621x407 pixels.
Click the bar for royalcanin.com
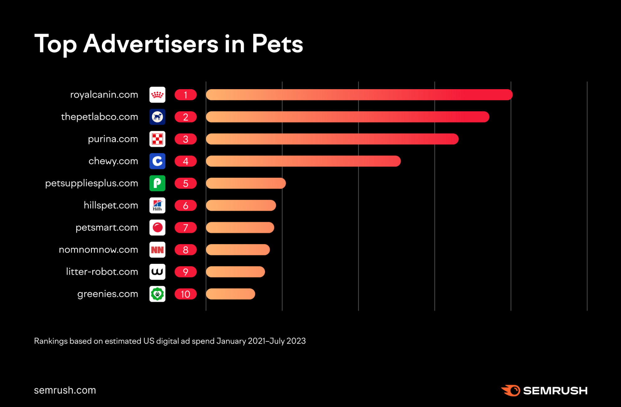[x=359, y=95]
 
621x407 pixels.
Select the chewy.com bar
[x=303, y=161]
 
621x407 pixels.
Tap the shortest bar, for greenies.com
[x=231, y=294]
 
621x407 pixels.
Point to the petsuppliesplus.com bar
[x=246, y=183]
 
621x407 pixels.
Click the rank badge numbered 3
[x=185, y=139]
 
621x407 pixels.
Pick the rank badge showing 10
[x=185, y=294]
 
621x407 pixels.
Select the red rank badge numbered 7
[x=185, y=228]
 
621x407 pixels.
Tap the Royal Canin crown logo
[x=157, y=95]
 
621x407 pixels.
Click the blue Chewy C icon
[x=157, y=161]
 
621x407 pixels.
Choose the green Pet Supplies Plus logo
[x=157, y=183]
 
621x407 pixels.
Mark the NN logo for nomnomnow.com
[x=157, y=250]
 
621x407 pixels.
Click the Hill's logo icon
[x=157, y=205]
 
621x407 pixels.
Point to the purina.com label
[x=113, y=139]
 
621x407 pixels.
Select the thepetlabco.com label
[x=99, y=117]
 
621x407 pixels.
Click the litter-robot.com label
[x=102, y=272]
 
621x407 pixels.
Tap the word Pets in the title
[x=277, y=44]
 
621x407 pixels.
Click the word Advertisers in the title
[x=151, y=44]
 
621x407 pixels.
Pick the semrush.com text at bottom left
[x=65, y=390]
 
